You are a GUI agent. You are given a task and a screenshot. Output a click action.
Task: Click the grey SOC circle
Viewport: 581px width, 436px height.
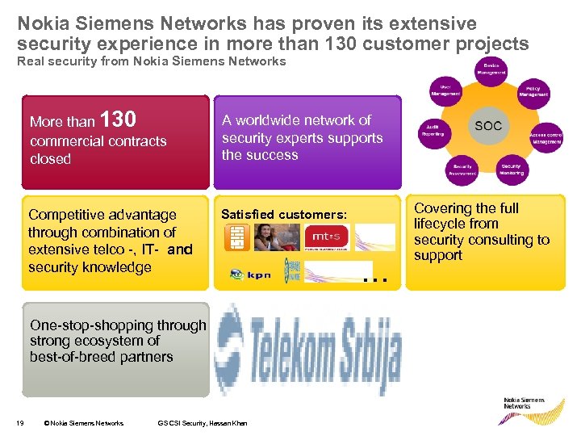click(488, 126)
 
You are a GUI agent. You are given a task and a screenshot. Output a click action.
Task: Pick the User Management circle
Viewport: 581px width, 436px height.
click(445, 90)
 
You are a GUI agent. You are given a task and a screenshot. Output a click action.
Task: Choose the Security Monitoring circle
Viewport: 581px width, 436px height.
click(511, 167)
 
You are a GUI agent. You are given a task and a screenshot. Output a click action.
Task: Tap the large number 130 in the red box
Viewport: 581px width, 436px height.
click(118, 119)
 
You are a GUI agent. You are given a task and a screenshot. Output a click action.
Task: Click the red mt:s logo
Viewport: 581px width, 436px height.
click(325, 237)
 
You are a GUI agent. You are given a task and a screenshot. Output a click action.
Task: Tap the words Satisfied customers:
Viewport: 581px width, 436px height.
click(284, 215)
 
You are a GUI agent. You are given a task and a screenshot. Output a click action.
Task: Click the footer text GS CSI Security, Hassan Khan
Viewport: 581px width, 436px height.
click(203, 422)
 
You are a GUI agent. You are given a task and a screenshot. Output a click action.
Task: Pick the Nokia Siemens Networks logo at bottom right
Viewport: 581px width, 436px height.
click(524, 402)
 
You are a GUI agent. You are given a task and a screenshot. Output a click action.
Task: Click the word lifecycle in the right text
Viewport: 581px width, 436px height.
click(440, 224)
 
